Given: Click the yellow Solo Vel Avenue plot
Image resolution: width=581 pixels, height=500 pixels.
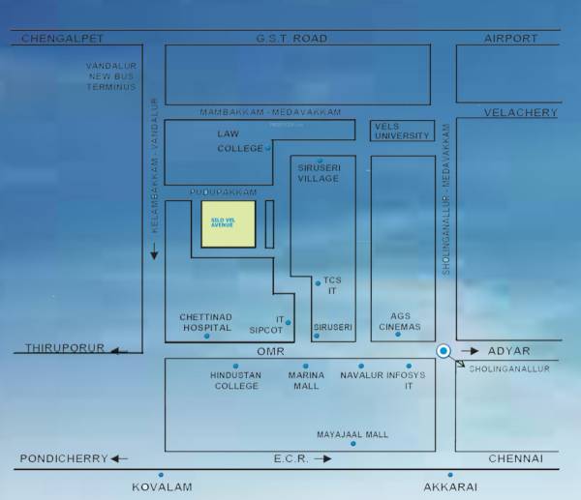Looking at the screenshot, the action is click(x=229, y=224).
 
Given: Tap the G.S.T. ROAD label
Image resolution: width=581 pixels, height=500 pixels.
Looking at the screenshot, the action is click(x=290, y=39).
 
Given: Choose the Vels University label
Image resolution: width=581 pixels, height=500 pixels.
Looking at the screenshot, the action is click(x=402, y=131).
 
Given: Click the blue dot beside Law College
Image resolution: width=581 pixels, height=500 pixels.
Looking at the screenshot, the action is click(x=268, y=148).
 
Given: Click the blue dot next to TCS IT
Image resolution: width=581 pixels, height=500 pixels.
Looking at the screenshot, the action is click(x=317, y=282).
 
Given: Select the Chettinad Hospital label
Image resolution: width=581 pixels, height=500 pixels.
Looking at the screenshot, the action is click(x=205, y=322).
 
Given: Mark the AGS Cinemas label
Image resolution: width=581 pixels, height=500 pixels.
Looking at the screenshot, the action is click(x=401, y=322).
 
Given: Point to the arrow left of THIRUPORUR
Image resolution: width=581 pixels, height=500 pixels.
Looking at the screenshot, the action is click(x=119, y=350).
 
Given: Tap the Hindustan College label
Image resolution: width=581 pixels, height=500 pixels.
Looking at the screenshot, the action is click(x=234, y=380).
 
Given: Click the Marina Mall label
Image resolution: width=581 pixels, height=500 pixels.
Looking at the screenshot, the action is click(x=306, y=380).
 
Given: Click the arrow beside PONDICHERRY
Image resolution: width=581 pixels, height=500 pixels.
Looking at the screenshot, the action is click(x=119, y=458).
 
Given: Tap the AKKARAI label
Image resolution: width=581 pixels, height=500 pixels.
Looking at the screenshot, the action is click(x=448, y=487).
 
